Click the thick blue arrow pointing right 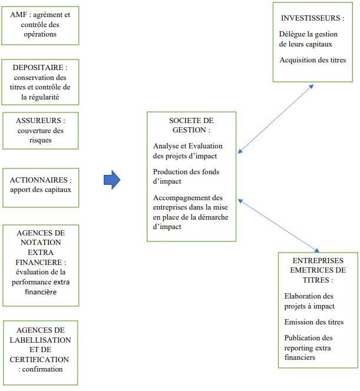(112, 180)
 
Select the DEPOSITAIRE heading (40, 68)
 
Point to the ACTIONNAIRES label (40, 180)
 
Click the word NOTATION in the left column (40, 242)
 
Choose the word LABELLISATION (40, 340)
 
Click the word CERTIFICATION (39, 359)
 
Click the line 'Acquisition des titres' (313, 59)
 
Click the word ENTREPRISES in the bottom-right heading (318, 260)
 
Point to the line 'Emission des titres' (313, 322)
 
